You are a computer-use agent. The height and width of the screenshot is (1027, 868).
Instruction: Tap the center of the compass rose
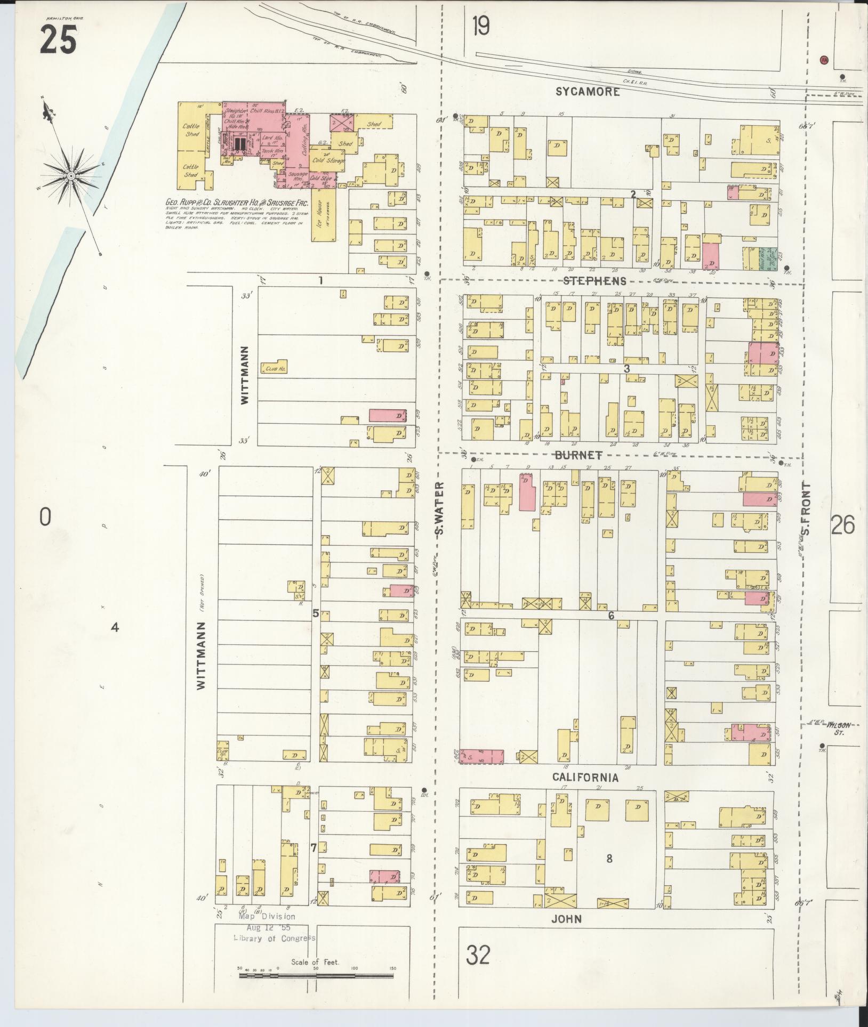coord(70,175)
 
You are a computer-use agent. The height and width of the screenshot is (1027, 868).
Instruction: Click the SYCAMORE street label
coord(588,92)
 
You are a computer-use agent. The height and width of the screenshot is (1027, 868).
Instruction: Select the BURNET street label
coord(578,455)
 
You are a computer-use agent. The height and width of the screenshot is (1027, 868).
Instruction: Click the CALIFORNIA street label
coord(585,778)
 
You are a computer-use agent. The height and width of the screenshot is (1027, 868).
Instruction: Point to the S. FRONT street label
coord(806,509)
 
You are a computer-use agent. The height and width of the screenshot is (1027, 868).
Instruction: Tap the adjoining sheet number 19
coord(480,26)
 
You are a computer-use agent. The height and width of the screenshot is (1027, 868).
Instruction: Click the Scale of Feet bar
coord(316,975)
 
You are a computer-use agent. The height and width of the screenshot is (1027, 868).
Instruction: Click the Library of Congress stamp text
coord(274,939)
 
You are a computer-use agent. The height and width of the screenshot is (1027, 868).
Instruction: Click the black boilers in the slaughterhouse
coord(239,144)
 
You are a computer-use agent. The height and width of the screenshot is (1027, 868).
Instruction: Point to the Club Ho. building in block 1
coord(274,367)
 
